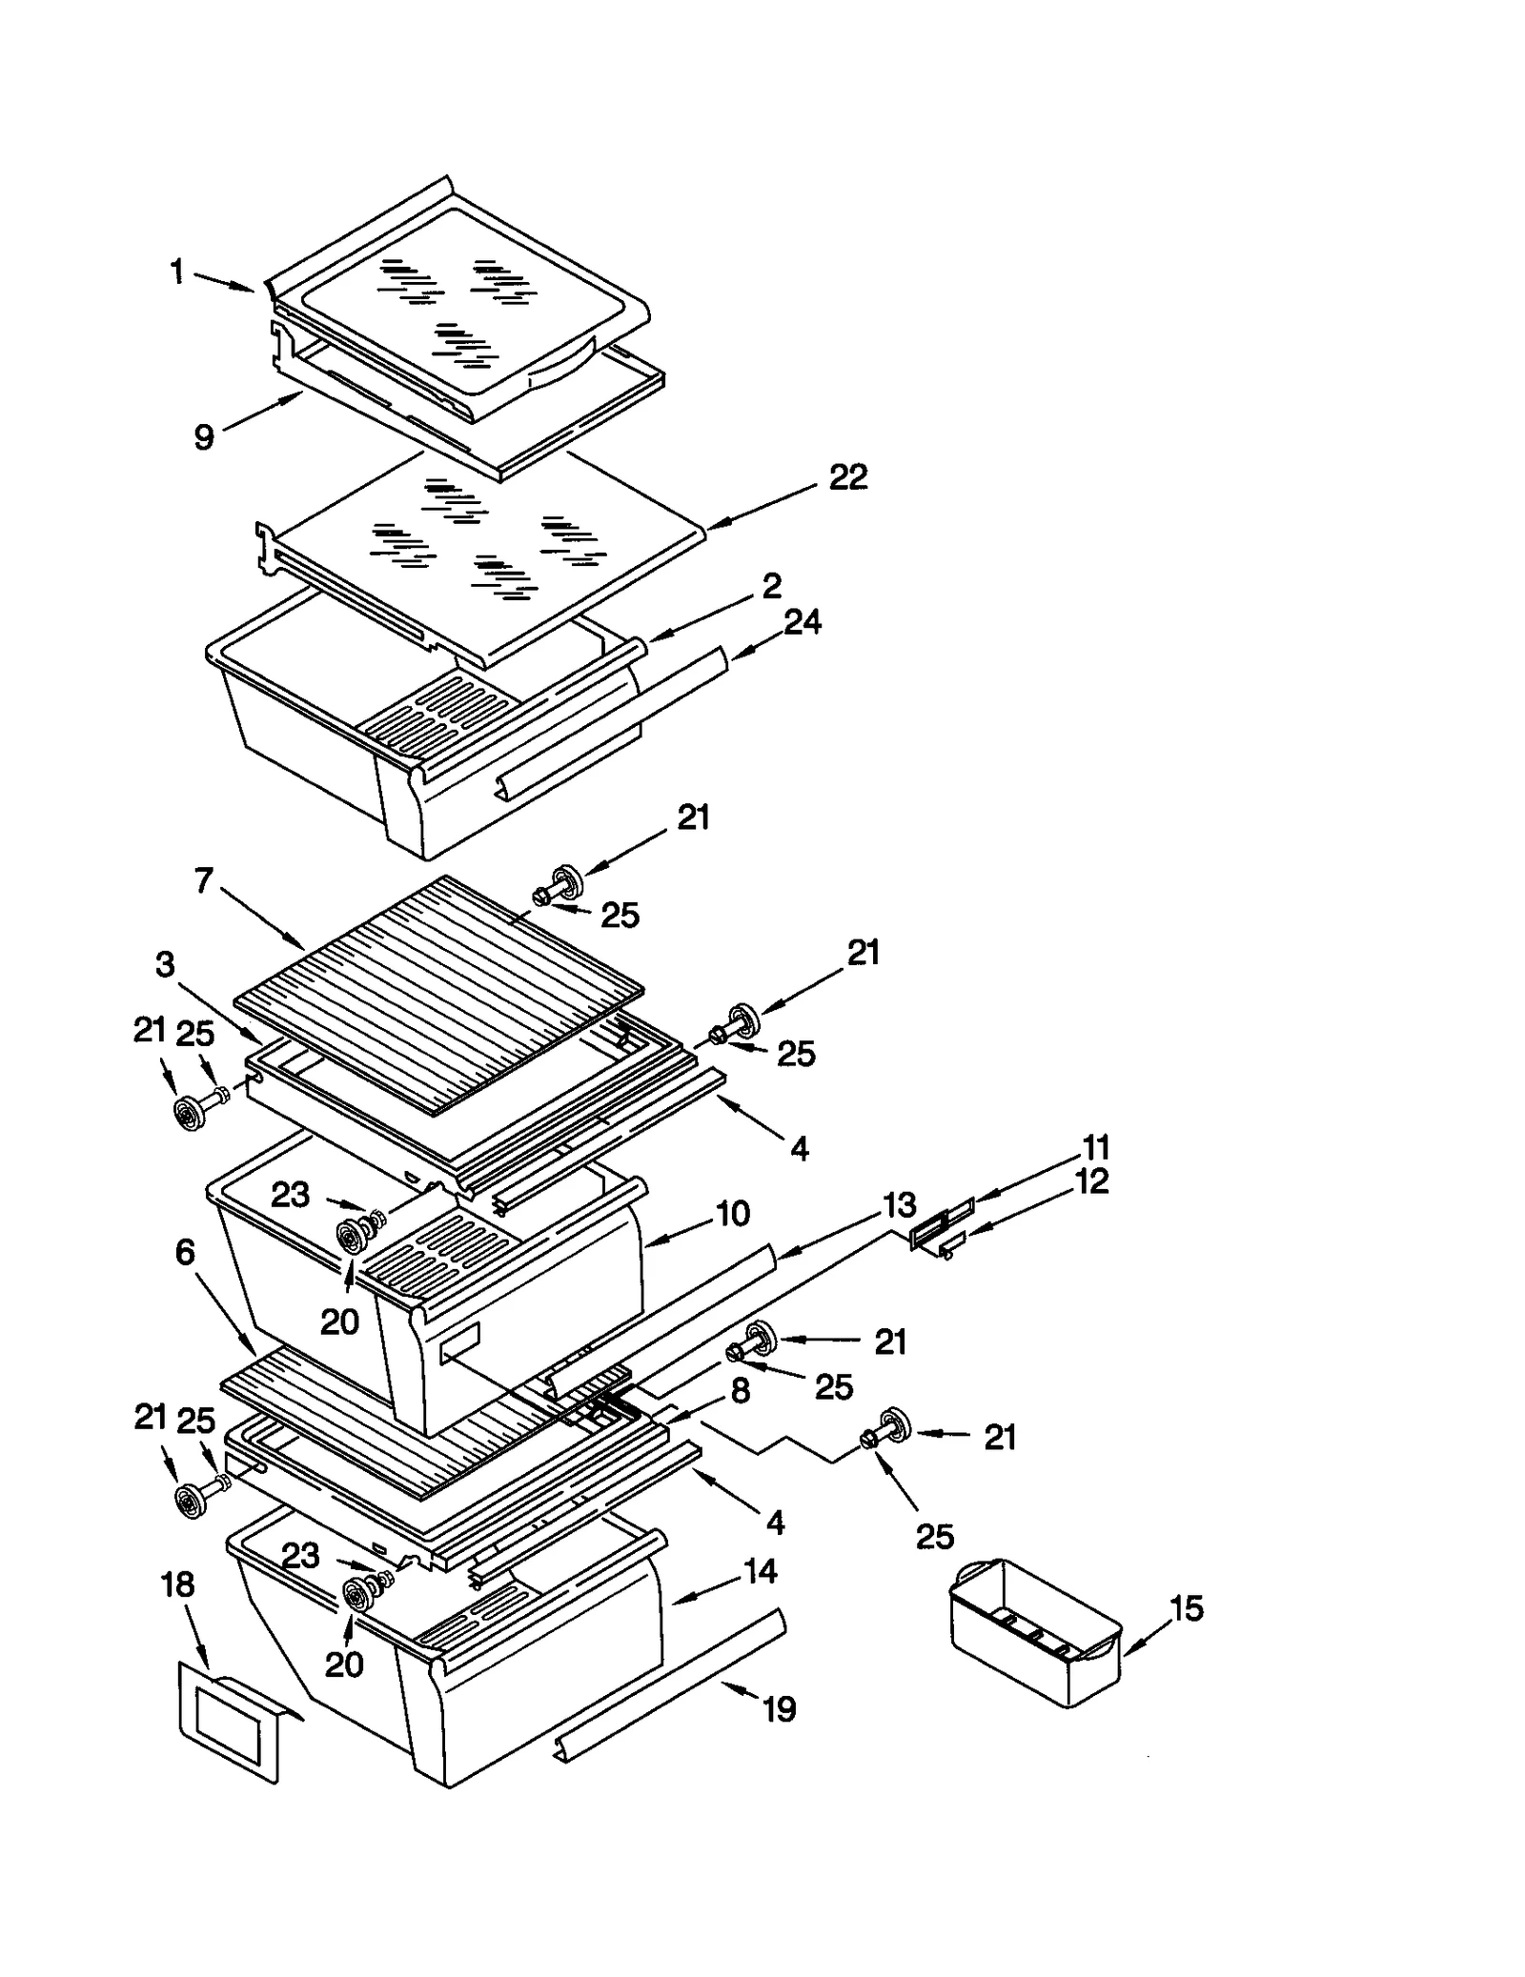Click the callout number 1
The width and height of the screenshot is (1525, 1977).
(x=177, y=273)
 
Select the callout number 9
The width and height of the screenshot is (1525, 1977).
(x=203, y=437)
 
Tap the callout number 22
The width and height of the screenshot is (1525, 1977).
(x=847, y=477)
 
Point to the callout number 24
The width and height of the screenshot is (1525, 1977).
(x=802, y=622)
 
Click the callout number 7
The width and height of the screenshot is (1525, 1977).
(x=203, y=881)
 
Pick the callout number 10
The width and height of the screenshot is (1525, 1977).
(x=732, y=1214)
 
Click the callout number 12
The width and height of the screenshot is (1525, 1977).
(x=1091, y=1181)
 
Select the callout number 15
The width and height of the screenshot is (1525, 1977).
(x=1187, y=1608)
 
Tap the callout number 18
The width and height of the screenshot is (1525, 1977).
(x=178, y=1584)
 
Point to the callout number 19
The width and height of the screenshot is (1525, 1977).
(x=779, y=1709)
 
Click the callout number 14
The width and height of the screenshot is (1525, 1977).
(x=760, y=1571)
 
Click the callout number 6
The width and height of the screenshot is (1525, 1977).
(x=185, y=1253)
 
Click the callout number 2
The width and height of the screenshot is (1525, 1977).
(x=771, y=585)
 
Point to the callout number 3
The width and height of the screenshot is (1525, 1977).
(x=166, y=965)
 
